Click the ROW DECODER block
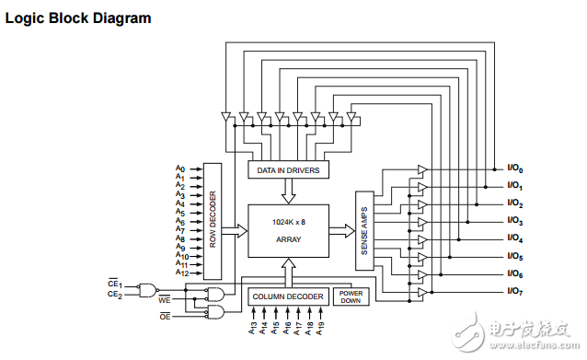[213, 221]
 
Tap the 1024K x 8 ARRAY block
[288, 232]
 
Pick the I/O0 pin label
[514, 168]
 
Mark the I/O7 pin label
[514, 292]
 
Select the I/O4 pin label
[514, 239]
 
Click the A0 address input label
[180, 169]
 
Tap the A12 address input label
[181, 273]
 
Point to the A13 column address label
[252, 326]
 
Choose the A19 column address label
[321, 326]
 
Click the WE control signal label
[164, 300]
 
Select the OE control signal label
[164, 317]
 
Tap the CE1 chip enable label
[115, 285]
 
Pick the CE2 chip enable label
[115, 295]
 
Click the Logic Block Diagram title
[78, 18]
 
